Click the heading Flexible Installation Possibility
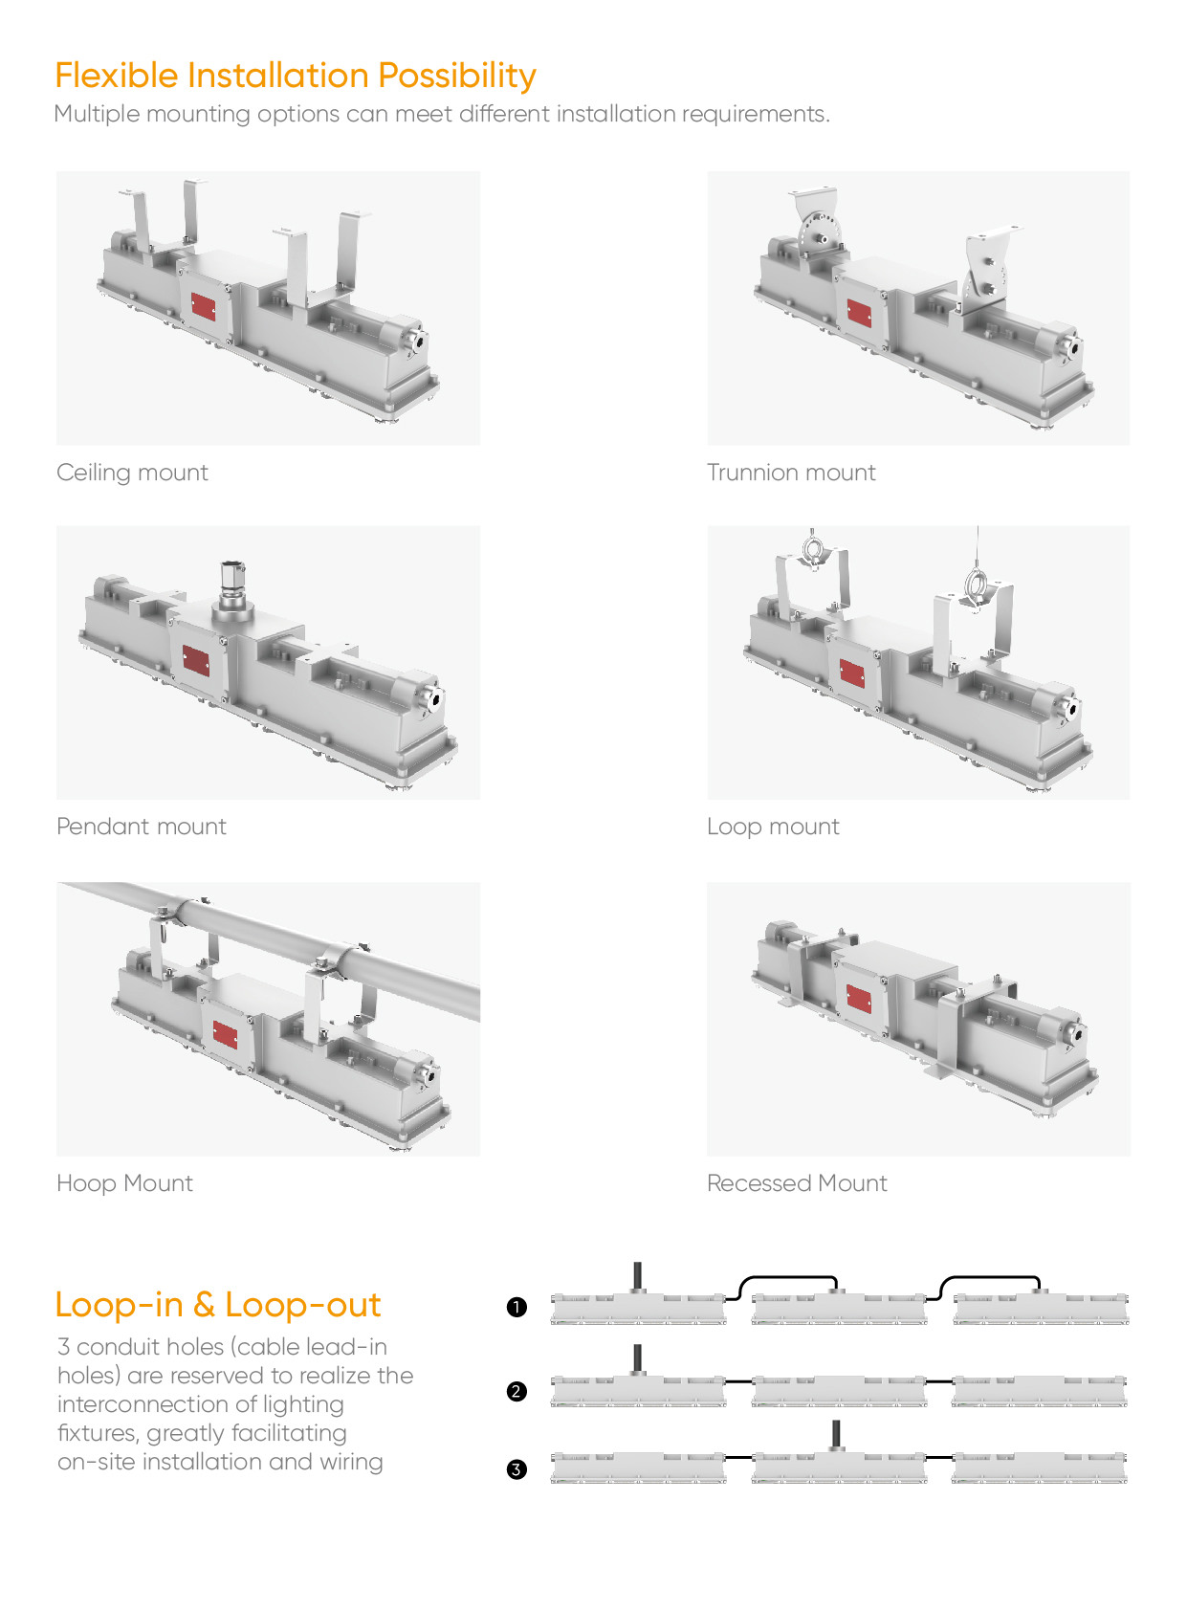point(296,76)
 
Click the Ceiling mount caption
point(132,473)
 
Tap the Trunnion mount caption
point(791,473)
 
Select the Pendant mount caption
point(142,827)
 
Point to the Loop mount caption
point(773,828)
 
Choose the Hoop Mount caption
point(124,1183)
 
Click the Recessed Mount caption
point(797,1183)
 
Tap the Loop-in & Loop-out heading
point(218,1305)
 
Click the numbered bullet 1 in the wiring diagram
point(517,1307)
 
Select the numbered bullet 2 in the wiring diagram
point(517,1391)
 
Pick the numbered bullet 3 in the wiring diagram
point(517,1468)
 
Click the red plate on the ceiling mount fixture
point(204,307)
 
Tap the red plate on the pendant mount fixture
point(196,660)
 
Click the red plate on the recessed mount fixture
point(859,999)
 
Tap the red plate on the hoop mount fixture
point(226,1034)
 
